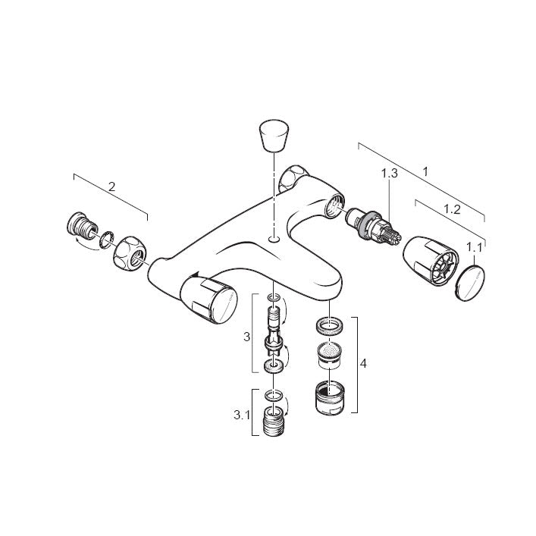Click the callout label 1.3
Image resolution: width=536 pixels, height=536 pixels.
[x=390, y=174]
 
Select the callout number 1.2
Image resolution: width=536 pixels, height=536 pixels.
[x=453, y=209]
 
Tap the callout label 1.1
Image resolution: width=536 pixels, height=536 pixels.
[x=475, y=247]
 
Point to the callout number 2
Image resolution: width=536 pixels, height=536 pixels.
[x=111, y=187]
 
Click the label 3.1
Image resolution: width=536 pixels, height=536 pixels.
[x=242, y=415]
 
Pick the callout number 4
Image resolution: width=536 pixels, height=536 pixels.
[x=363, y=363]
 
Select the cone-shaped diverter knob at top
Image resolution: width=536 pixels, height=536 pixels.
[x=274, y=136]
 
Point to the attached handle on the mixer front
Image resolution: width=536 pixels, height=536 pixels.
[x=208, y=300]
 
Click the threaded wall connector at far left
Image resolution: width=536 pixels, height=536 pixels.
[x=81, y=224]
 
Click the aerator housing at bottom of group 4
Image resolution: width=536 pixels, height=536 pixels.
[x=330, y=397]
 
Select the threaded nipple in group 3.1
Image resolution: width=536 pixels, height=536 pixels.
[x=274, y=421]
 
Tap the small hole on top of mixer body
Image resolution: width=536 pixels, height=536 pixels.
[x=274, y=240]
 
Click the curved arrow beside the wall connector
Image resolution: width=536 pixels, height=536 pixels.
[x=86, y=246]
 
